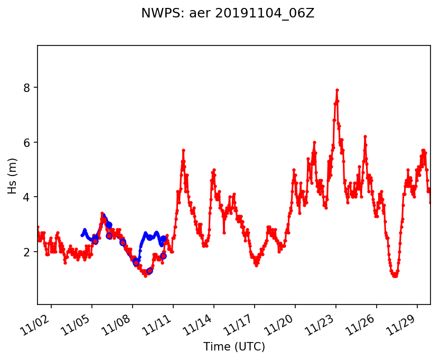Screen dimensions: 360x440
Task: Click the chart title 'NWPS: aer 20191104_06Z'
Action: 228,14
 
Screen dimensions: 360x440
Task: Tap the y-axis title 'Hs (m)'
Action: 12,175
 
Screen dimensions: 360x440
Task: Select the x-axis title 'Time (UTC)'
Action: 234,347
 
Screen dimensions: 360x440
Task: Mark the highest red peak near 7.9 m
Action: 337,90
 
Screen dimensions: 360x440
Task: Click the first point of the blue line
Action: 82,235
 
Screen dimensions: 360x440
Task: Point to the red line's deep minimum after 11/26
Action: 395,276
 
